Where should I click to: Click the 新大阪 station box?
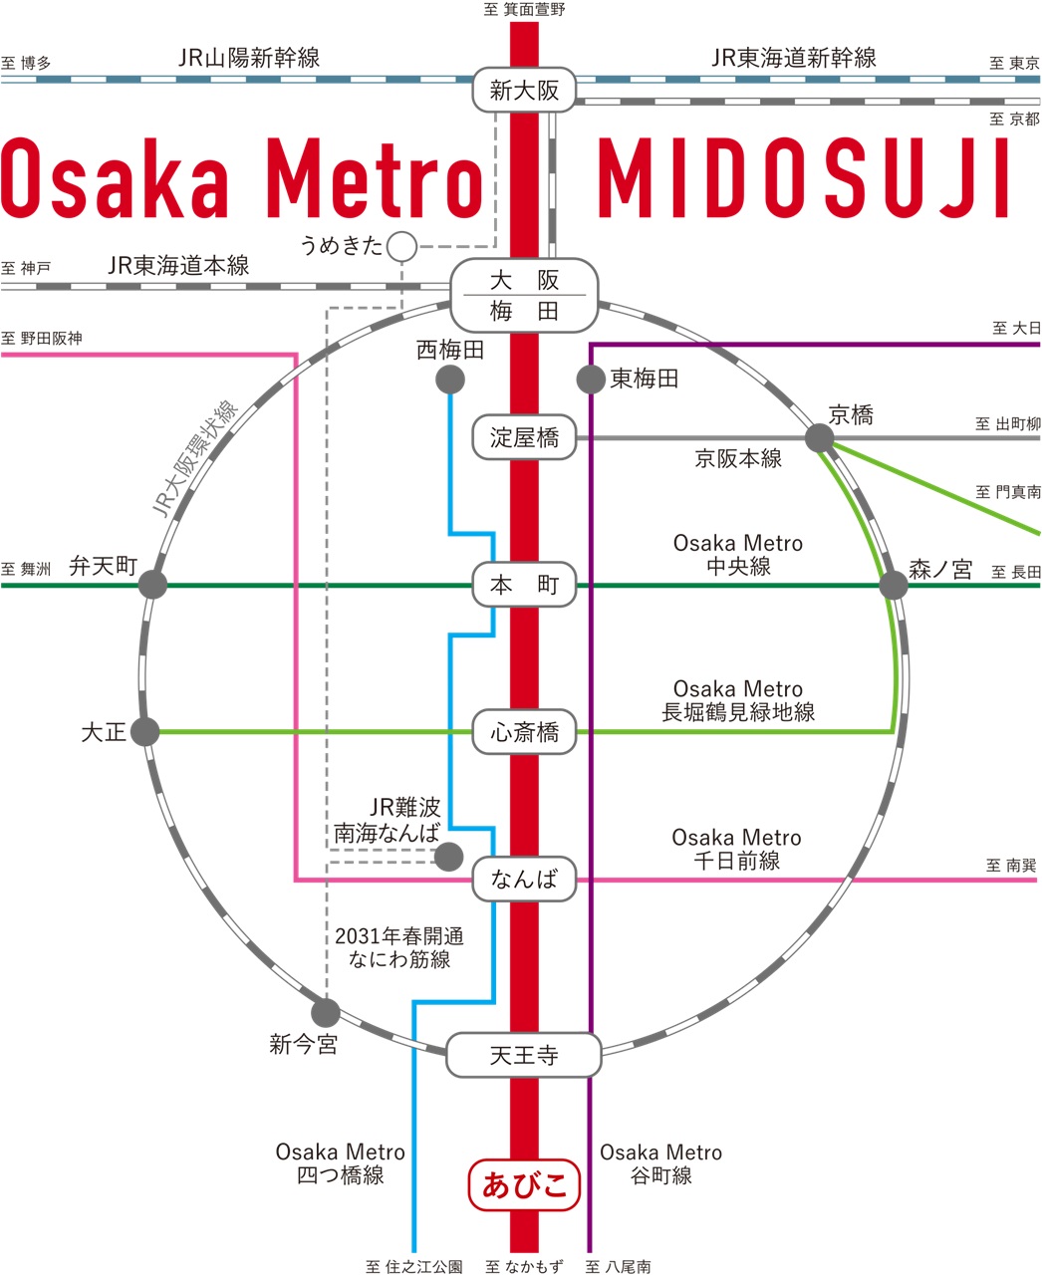coord(524,91)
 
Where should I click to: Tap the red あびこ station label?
coord(523,1184)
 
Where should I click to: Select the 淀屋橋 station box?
coord(524,437)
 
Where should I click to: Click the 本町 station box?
coord(524,585)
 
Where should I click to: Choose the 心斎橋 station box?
coord(524,733)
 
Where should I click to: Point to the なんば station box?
coord(524,880)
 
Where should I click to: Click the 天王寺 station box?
coord(524,1055)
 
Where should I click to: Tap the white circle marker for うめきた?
coord(401,245)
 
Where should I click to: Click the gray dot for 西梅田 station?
coord(450,380)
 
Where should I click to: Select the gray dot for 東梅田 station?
coord(591,380)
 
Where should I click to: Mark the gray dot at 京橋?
coord(819,437)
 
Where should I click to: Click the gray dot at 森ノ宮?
coord(894,585)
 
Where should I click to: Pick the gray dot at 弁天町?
coord(152,585)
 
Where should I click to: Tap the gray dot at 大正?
coord(145,733)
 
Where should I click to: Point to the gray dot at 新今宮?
coord(325,1014)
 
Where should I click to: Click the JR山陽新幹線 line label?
coord(249,58)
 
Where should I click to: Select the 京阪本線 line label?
coord(738,459)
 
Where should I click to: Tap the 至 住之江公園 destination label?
coord(413,1266)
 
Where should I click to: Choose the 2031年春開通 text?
coord(399,936)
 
